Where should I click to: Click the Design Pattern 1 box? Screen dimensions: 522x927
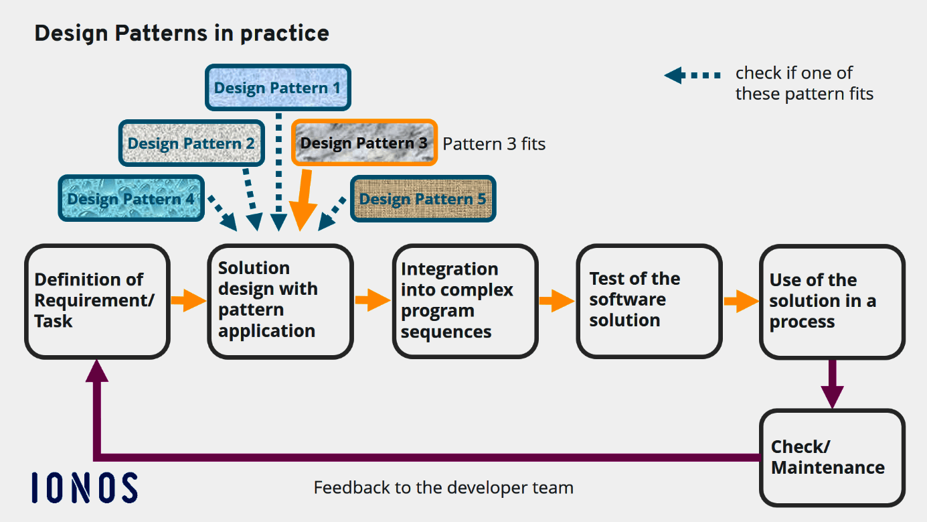[277, 88]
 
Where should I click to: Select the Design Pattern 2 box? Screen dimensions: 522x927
[191, 143]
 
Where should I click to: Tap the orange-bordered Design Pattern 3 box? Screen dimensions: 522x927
[364, 143]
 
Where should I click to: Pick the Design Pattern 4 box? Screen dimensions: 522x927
[131, 198]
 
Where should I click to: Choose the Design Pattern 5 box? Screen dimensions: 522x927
[422, 199]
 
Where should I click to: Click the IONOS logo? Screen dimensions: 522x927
[85, 487]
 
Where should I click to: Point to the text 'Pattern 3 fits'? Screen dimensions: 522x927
[494, 143]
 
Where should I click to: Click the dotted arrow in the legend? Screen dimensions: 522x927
[692, 75]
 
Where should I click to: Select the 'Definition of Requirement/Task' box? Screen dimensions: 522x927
[97, 301]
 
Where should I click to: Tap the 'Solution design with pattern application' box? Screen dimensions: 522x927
[280, 301]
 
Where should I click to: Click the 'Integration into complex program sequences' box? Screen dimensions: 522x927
[465, 301]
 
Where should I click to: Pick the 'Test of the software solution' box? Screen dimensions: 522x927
[649, 301]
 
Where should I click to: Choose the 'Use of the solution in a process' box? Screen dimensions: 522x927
[832, 301]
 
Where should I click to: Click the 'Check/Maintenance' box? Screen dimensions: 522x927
[832, 458]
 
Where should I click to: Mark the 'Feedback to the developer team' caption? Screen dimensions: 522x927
[443, 487]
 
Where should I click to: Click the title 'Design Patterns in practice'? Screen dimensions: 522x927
[181, 33]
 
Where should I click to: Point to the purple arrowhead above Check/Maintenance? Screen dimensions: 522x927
[832, 396]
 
